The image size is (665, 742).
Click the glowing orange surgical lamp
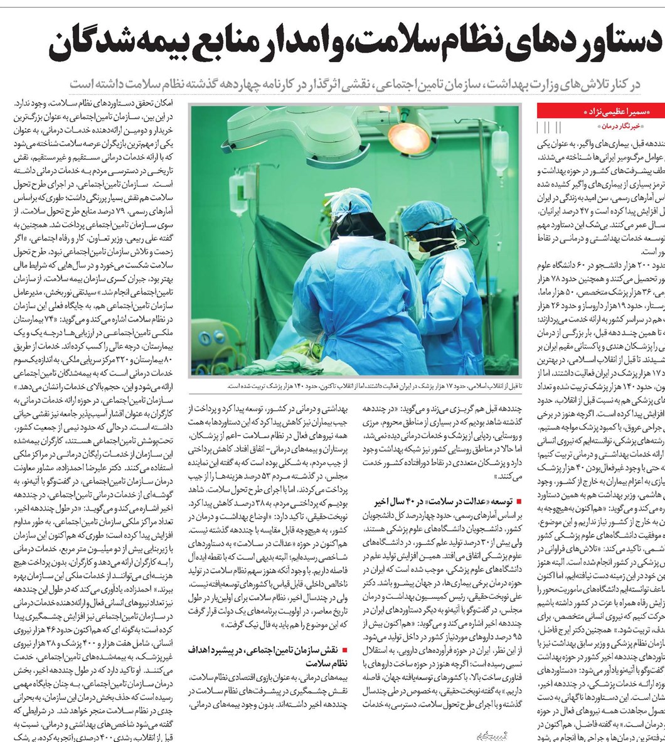tap(407, 133)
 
